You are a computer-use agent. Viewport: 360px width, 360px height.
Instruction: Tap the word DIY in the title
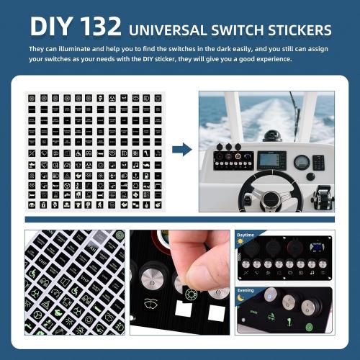(50, 28)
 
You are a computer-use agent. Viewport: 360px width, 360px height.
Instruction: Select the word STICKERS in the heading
(297, 30)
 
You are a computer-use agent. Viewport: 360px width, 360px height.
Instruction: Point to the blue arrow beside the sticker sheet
(182, 150)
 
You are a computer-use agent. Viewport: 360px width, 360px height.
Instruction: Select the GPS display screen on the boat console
(271, 160)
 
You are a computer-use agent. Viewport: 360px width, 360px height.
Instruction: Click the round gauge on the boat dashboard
(301, 162)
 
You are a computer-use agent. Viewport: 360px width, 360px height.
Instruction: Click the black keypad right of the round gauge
(318, 162)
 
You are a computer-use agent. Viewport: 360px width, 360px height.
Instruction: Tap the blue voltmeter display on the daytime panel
(315, 251)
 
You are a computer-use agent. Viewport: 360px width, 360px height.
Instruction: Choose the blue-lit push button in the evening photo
(269, 296)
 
